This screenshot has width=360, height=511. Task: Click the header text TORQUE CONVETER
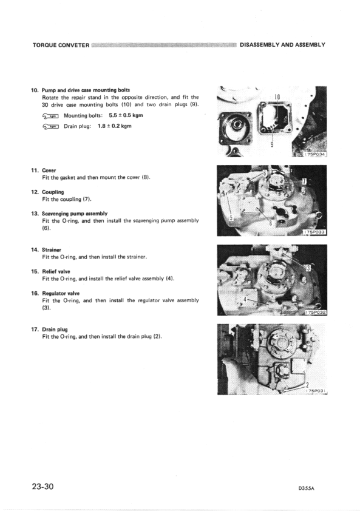[60, 45]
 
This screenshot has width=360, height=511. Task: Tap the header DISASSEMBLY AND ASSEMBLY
[283, 45]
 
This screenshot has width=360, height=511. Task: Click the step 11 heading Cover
[49, 171]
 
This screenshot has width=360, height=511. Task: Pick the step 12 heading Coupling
[53, 192]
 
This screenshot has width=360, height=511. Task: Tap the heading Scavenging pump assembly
[75, 214]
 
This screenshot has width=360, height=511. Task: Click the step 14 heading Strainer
[52, 249]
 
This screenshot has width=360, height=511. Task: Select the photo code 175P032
[314, 311]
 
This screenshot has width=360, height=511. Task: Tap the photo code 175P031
[314, 390]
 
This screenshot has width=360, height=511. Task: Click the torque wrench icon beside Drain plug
[51, 127]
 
